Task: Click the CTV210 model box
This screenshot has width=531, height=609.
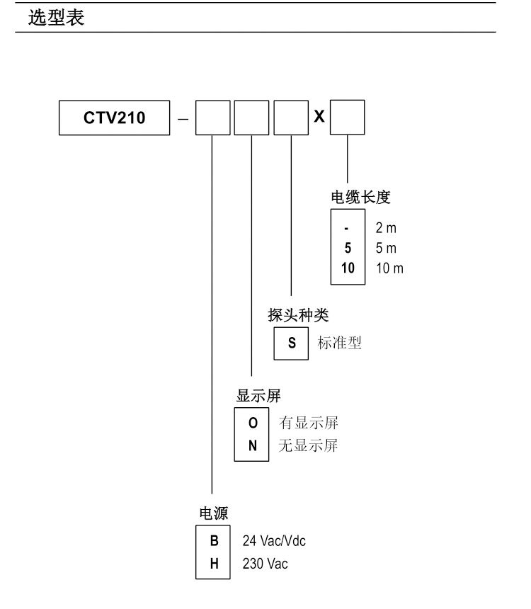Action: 114,118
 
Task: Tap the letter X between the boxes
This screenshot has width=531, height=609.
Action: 319,117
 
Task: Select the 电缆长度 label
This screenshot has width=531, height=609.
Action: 361,198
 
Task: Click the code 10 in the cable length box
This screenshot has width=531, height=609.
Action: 348,268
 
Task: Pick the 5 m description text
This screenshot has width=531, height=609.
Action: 386,249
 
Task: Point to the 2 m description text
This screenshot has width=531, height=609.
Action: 386,229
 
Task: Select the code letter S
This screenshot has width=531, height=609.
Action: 292,343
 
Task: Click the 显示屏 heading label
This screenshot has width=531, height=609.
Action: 258,397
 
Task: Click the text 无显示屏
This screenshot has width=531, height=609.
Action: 309,446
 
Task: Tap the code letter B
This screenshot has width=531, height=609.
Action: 214,540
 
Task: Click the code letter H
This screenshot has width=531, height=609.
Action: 214,564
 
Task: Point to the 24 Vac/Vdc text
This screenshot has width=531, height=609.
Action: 279,541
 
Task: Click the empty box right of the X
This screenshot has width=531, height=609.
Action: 348,118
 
